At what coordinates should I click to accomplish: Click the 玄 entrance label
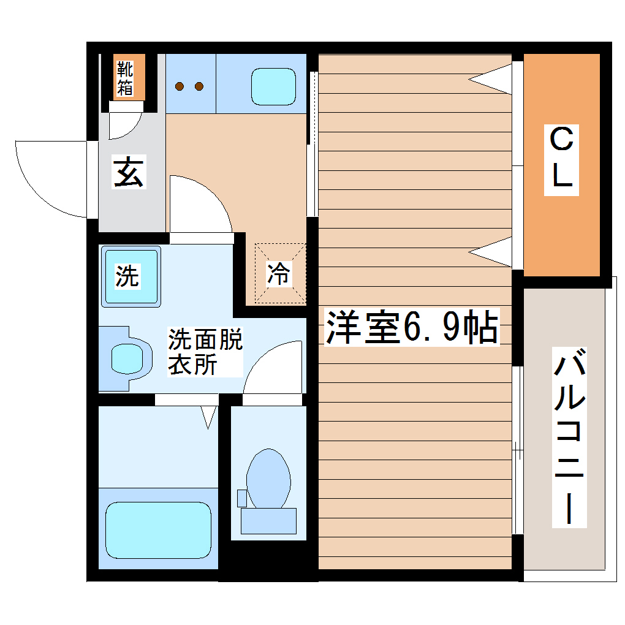[x=129, y=172]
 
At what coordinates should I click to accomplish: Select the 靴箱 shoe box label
[x=126, y=77]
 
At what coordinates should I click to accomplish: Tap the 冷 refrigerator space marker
[x=279, y=273]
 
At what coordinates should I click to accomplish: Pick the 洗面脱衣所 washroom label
[x=205, y=352]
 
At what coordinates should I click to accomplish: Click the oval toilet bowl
[x=268, y=479]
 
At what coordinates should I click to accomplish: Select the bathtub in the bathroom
[x=158, y=530]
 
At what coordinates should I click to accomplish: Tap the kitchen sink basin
[x=273, y=86]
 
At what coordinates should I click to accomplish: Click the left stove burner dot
[x=180, y=86]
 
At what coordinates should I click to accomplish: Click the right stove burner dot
[x=199, y=86]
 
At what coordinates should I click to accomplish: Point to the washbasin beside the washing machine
[x=127, y=358]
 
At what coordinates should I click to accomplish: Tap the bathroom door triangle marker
[x=209, y=417]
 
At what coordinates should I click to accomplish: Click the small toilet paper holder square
[x=241, y=498]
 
